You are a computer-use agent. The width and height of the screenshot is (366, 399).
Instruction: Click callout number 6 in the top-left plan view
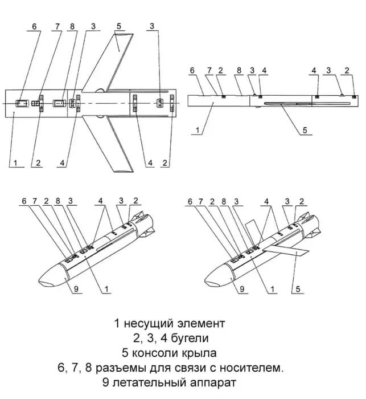click(34, 27)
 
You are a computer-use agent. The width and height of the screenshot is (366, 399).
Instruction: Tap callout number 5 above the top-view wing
click(118, 26)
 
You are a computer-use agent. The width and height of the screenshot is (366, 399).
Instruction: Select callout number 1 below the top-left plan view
click(15, 163)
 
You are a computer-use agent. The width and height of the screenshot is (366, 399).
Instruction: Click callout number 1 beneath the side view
click(197, 130)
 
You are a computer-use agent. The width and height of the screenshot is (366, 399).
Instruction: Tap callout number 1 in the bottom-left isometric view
click(106, 290)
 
